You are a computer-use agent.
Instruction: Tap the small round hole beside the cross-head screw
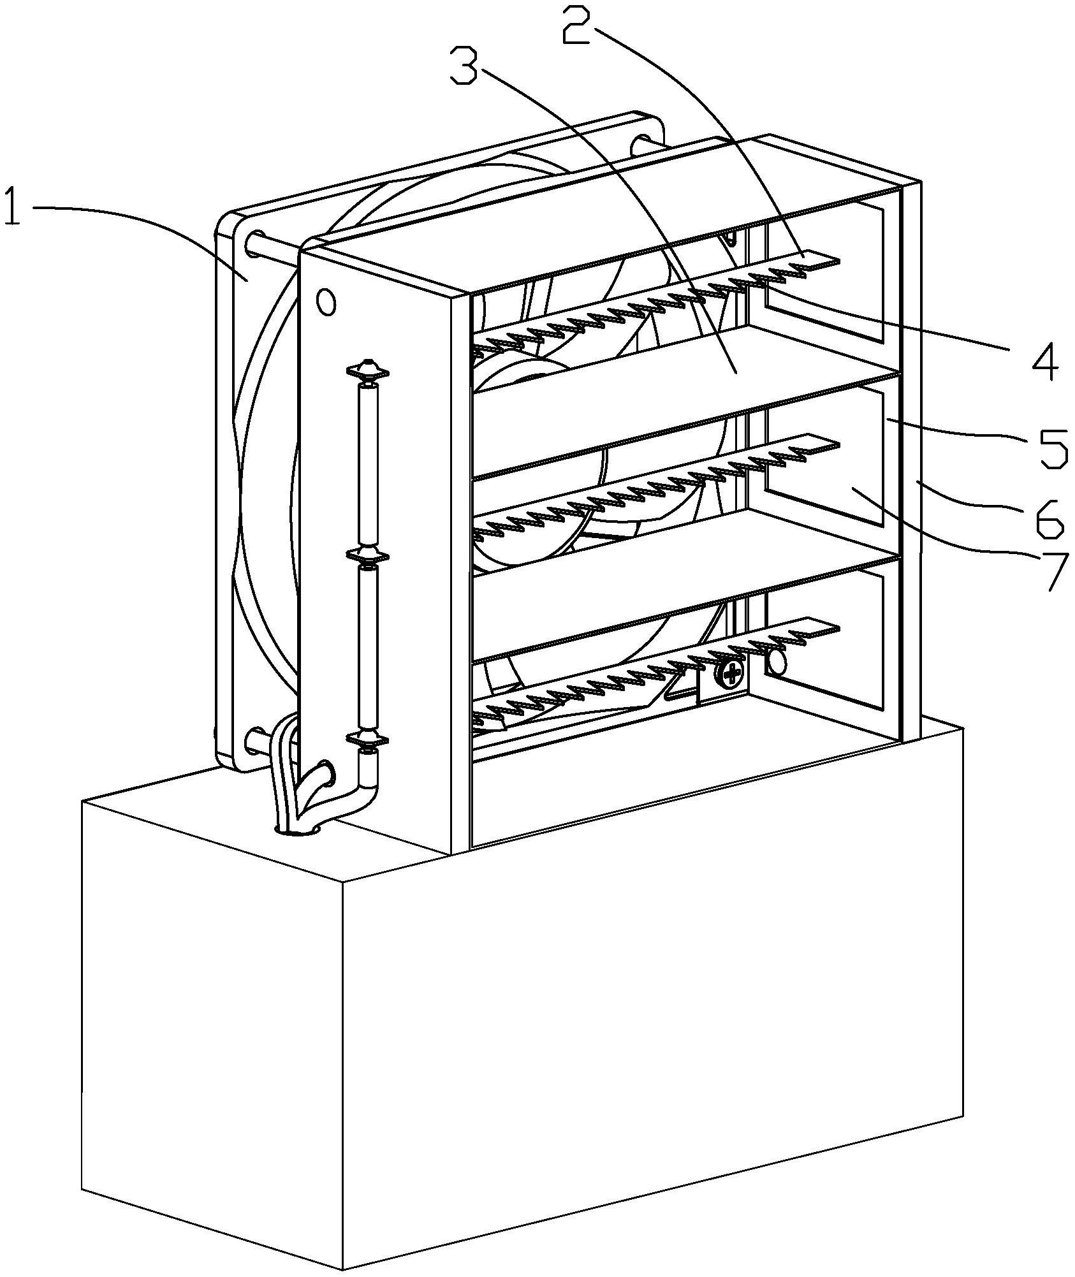tap(778, 663)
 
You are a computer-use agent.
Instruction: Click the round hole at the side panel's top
tap(326, 302)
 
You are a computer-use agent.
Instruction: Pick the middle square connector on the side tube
tap(367, 555)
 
